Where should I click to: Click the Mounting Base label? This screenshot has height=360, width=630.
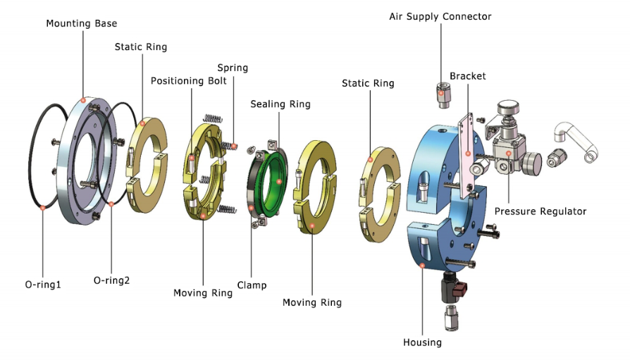coord(82,23)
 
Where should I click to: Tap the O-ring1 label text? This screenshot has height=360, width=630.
coord(43,285)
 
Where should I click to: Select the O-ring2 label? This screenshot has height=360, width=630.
coord(111,280)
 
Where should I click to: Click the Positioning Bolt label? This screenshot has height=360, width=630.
coord(189,80)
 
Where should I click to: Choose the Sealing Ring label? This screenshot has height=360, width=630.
coord(280,104)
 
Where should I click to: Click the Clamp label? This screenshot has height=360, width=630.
coord(252,285)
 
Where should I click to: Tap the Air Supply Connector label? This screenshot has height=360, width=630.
coord(440,16)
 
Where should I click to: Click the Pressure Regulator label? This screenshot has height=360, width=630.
coord(541,211)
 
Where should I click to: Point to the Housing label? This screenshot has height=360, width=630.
coord(422,342)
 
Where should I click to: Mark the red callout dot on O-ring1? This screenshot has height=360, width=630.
coord(43,206)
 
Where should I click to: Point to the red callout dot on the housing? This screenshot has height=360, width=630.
coord(422,266)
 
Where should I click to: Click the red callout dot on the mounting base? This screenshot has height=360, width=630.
coord(84,100)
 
